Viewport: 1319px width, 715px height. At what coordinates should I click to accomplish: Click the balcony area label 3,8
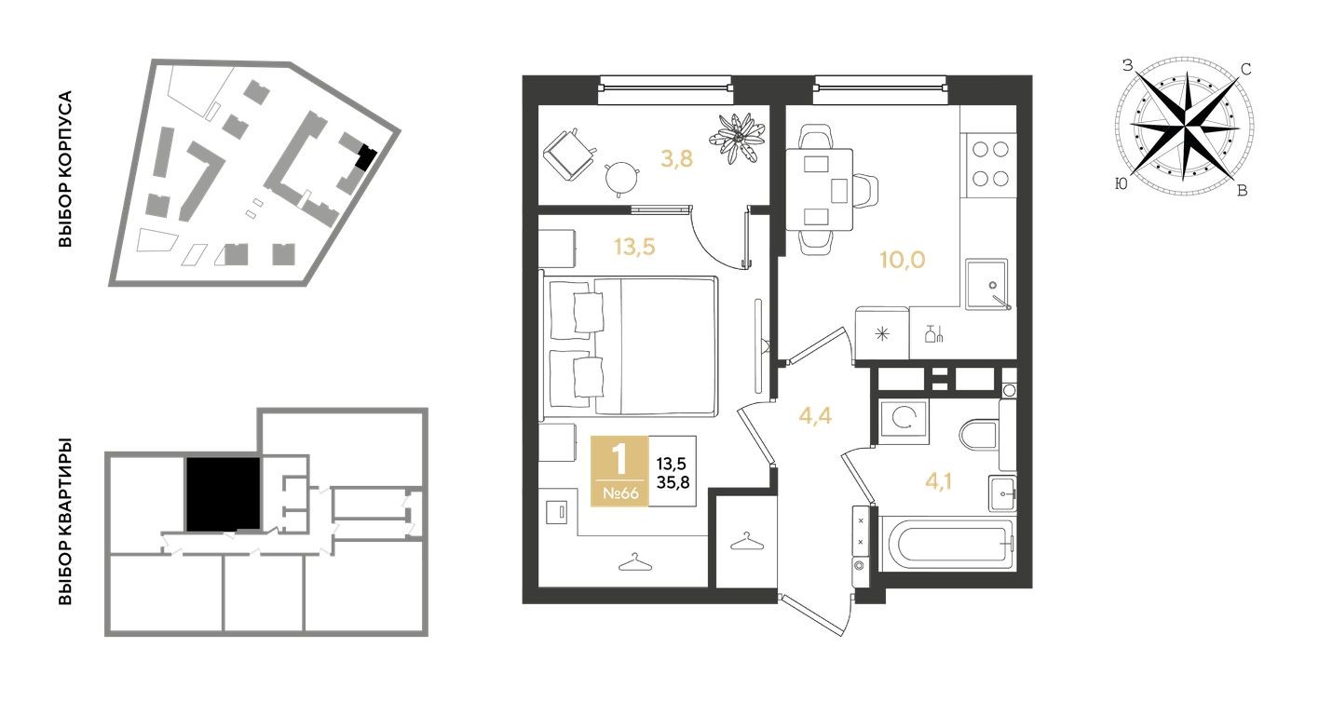(676, 158)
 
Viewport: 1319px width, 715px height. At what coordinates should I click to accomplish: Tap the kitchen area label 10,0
(902, 260)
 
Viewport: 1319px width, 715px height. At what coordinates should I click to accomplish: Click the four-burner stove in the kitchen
(988, 163)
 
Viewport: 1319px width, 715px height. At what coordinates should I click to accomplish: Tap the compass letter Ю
(1121, 185)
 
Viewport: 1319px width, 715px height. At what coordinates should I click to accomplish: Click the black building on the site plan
(366, 157)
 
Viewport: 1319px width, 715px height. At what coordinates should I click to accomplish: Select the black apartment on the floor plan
(223, 493)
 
